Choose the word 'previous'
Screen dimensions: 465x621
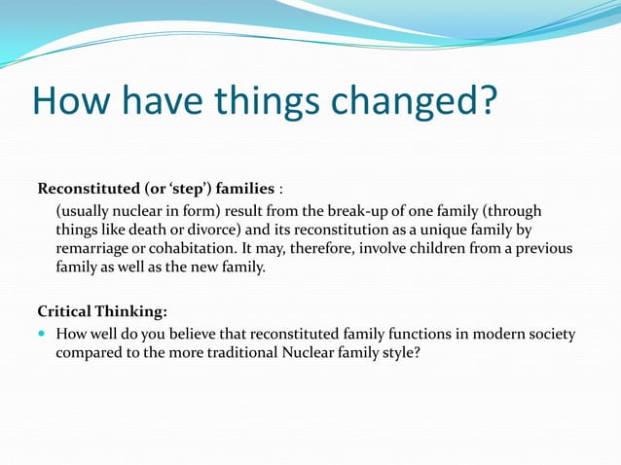(542, 248)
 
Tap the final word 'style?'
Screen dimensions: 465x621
(400, 353)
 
